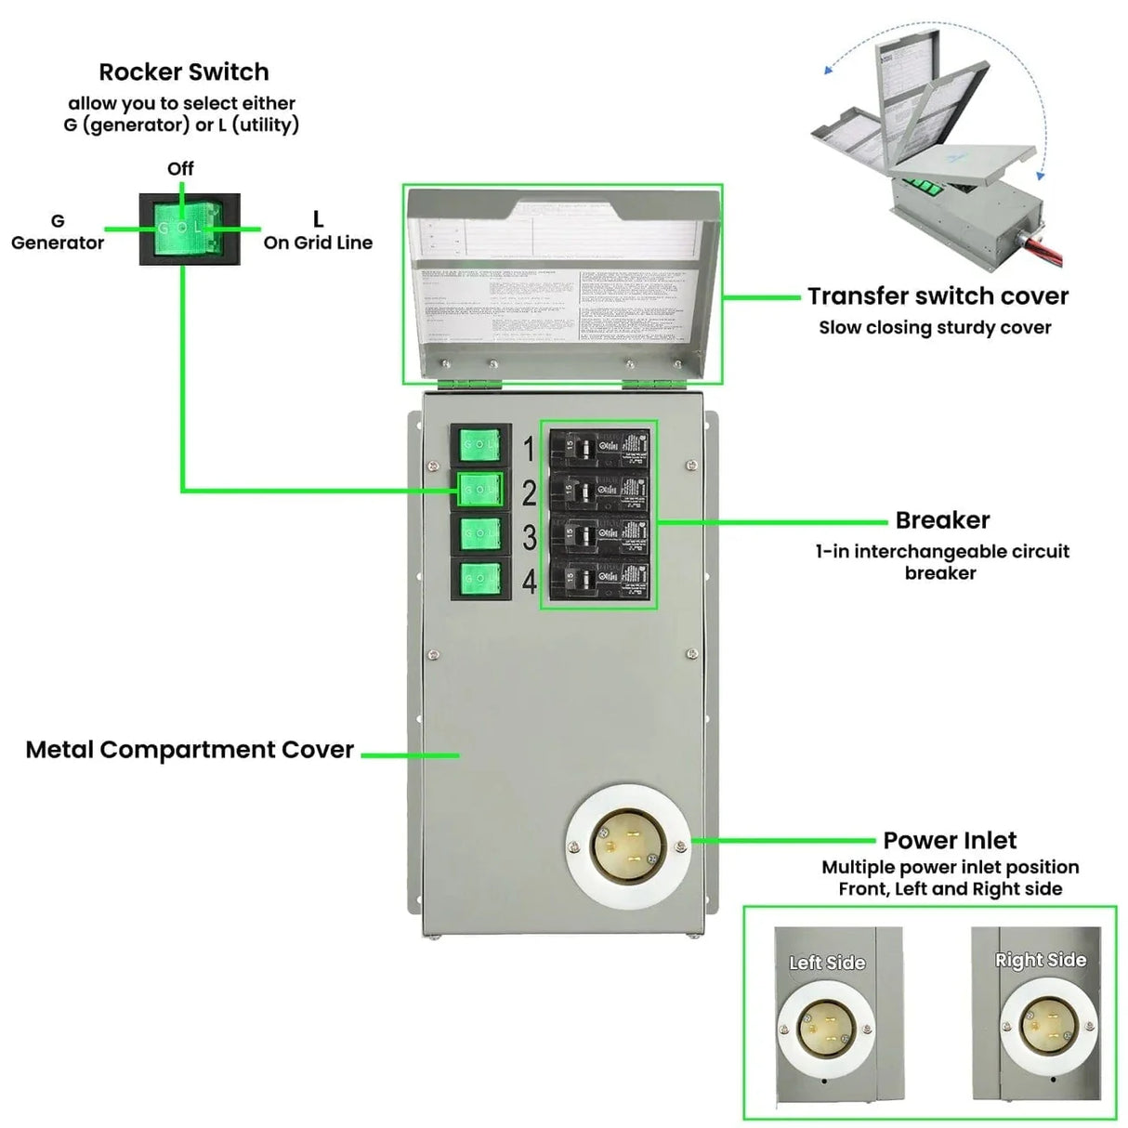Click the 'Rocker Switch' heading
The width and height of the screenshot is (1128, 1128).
(184, 72)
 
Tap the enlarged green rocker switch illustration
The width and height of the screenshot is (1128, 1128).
(190, 229)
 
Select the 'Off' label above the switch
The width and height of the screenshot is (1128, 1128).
(180, 168)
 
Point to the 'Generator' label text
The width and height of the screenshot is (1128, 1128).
(58, 243)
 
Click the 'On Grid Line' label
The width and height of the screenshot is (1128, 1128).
(318, 243)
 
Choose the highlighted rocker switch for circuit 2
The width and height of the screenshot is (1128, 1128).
(480, 490)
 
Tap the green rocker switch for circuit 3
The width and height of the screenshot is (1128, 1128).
(480, 534)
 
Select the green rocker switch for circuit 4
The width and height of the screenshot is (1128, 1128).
(480, 580)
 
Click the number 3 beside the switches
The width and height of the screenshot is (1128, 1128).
(529, 538)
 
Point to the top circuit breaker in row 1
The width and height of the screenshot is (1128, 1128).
(599, 449)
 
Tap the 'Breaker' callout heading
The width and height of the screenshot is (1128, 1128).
(942, 520)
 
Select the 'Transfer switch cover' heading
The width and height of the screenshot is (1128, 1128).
(938, 296)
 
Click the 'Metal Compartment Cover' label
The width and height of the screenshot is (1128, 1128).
(190, 750)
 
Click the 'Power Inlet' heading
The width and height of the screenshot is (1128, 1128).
(950, 840)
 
